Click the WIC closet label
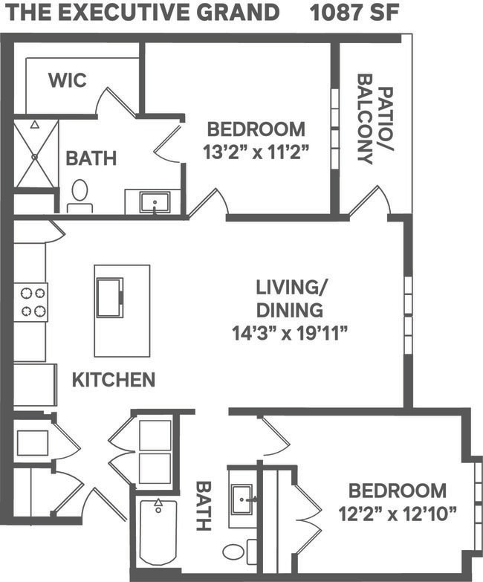67,80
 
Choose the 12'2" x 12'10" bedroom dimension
398,513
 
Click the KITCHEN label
114,380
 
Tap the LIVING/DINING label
290,297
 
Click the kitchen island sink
109,297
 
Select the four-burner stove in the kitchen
30,302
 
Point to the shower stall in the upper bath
36,154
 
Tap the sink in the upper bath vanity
155,201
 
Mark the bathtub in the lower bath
158,532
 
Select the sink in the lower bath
242,497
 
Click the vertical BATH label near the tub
202,506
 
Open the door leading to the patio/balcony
370,202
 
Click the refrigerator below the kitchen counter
34,384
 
